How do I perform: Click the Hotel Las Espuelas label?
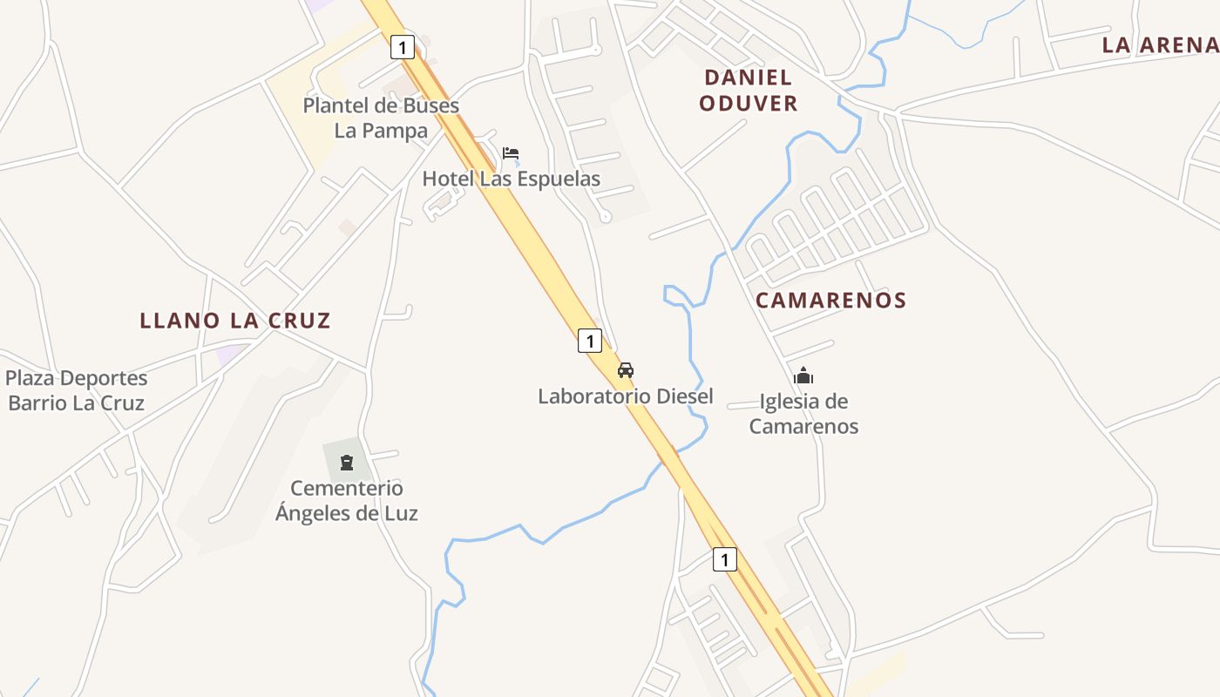[x=512, y=179]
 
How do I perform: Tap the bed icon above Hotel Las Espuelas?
[x=511, y=154]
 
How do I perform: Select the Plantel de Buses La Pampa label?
[x=381, y=118]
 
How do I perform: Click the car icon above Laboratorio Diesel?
[x=626, y=369]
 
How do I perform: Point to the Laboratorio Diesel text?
[x=625, y=396]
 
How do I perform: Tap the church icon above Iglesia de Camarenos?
[x=803, y=376]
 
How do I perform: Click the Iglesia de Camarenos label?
[x=803, y=414]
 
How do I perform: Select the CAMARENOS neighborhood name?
[x=830, y=301]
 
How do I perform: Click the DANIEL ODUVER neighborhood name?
[x=748, y=91]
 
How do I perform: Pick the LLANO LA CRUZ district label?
[x=235, y=321]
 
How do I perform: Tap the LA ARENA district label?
[x=1159, y=45]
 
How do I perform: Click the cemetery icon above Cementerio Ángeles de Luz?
[x=347, y=462]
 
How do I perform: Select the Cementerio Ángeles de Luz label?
[x=347, y=500]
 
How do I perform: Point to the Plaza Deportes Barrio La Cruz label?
[x=76, y=390]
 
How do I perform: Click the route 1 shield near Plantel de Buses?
[x=402, y=46]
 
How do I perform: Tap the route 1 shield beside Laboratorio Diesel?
[x=590, y=341]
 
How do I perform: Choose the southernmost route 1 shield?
[x=724, y=558]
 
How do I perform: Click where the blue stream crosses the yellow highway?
[x=668, y=456]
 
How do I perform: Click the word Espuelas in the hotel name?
[x=557, y=179]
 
